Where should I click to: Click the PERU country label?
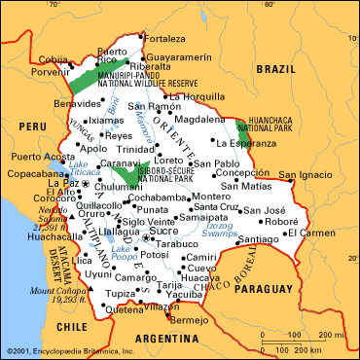(x=32, y=126)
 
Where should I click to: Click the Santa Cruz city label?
(x=215, y=207)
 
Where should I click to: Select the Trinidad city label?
(x=138, y=149)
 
